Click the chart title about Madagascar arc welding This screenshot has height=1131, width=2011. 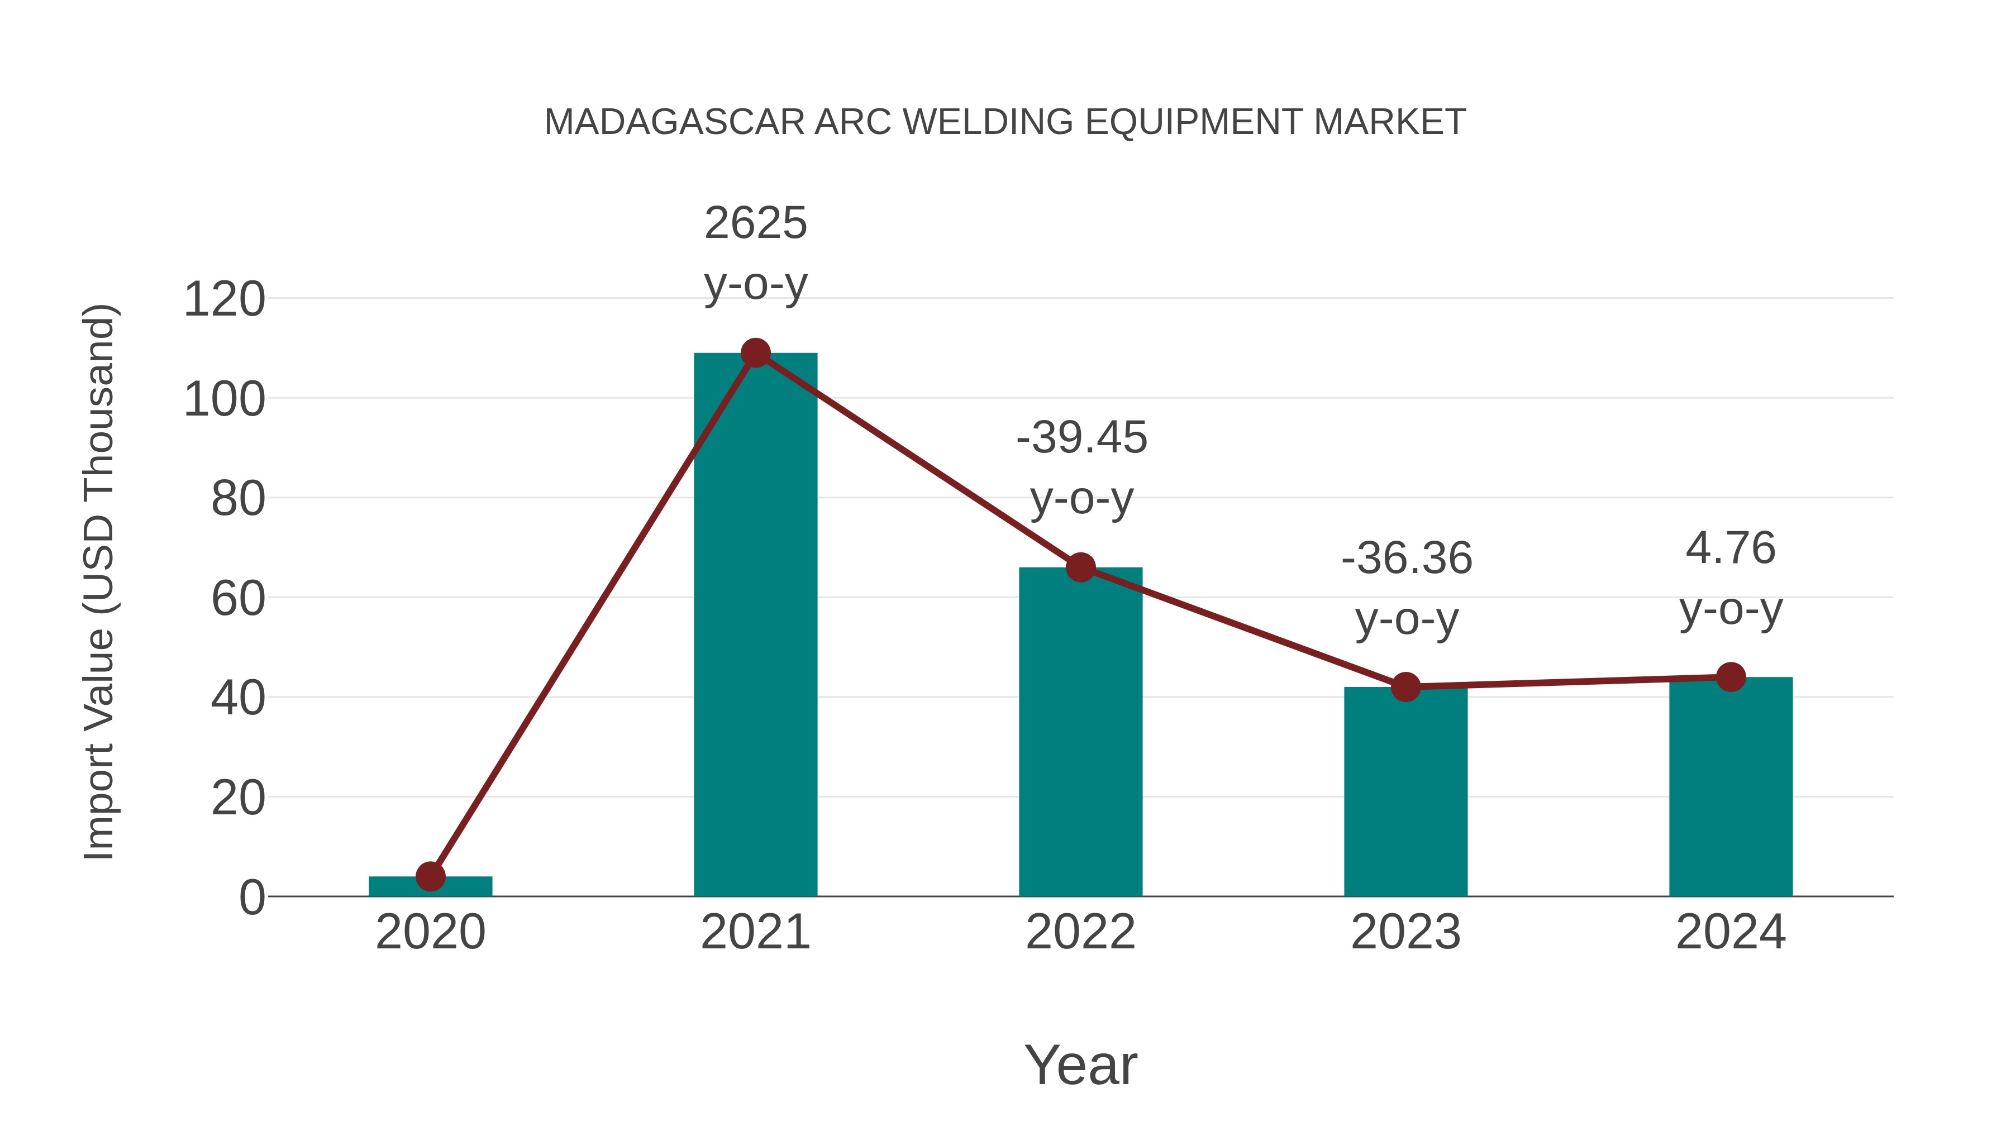pos(1005,122)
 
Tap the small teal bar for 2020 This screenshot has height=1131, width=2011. pos(430,887)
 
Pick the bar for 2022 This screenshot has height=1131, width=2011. pos(1080,734)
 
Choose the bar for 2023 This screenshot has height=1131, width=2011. pos(1405,792)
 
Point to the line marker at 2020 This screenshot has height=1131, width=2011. pos(430,876)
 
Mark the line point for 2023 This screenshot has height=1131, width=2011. pos(1405,687)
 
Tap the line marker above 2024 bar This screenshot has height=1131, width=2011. pos(1731,677)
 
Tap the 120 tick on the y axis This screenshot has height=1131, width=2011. pos(224,300)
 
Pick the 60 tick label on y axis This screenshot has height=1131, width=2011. pos(238,599)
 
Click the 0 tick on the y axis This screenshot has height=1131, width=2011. pos(251,898)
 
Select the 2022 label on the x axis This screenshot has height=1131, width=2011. pos(1080,932)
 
